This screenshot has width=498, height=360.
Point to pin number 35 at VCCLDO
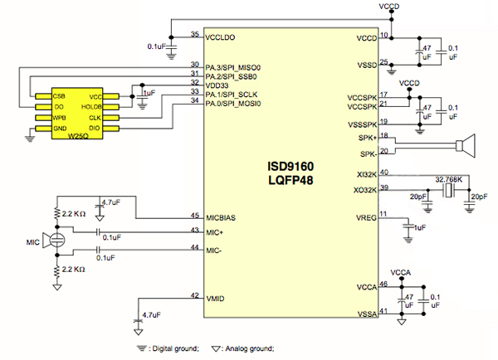[x=195, y=35]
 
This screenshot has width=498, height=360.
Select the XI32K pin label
[x=364, y=174]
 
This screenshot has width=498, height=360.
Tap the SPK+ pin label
[x=366, y=137]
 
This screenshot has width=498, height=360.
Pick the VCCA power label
[x=400, y=271]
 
